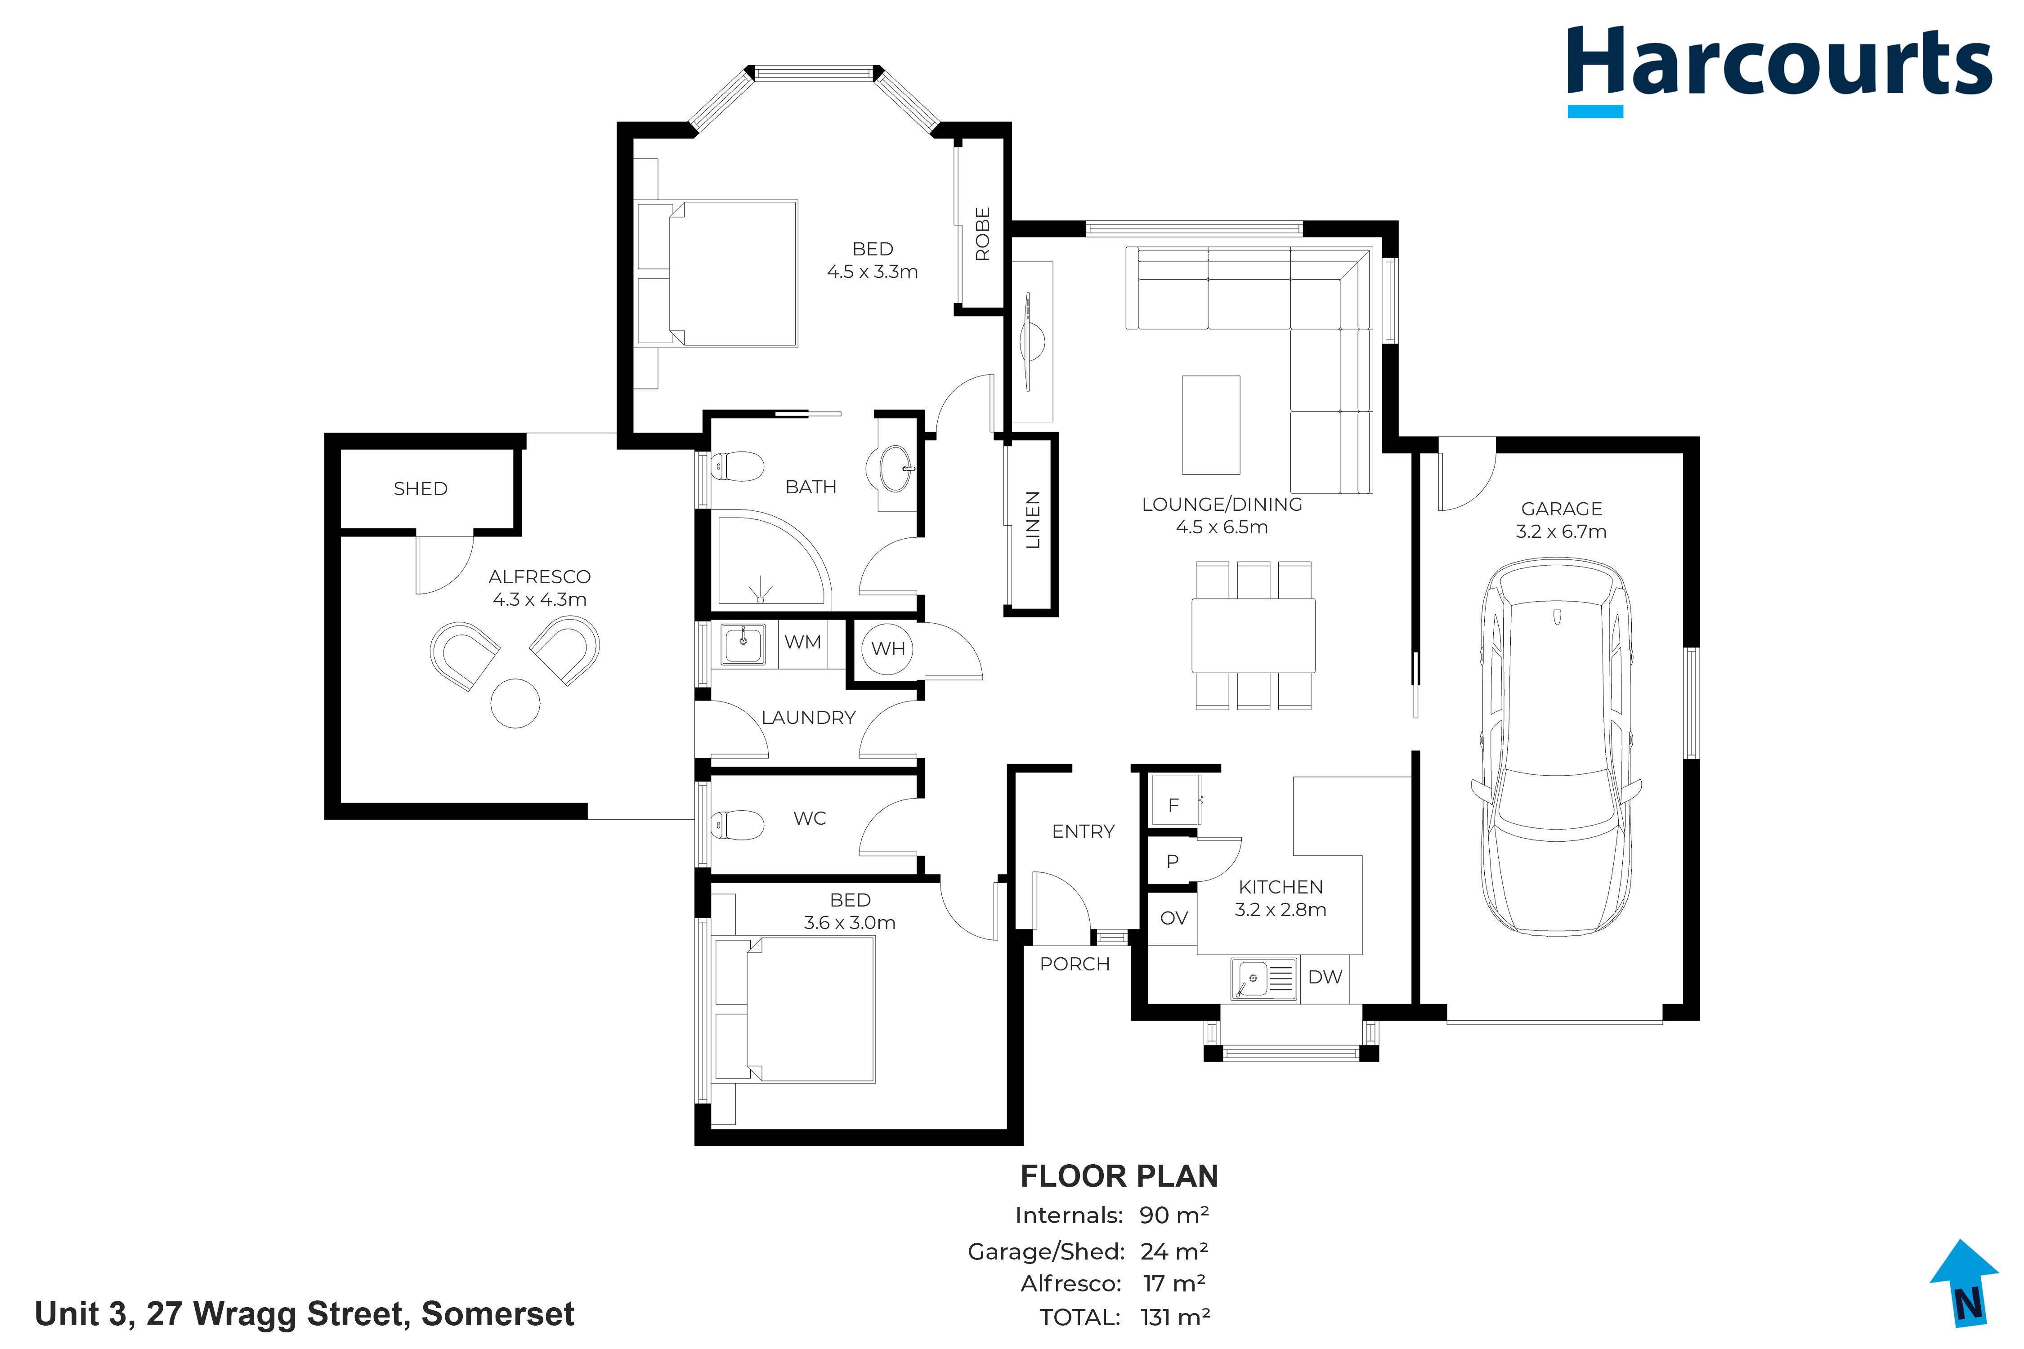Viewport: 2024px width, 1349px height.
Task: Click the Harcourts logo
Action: tap(1778, 71)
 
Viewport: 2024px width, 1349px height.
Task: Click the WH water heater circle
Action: tap(888, 649)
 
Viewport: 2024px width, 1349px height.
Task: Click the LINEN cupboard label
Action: tap(1033, 520)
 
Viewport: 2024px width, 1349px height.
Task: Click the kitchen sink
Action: tap(1263, 979)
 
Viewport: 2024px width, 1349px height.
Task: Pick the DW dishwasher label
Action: tap(1325, 977)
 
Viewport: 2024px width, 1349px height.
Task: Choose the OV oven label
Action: tap(1174, 918)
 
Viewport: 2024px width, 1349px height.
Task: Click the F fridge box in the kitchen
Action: tap(1175, 800)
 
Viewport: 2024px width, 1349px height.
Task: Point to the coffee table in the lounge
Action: tap(1211, 425)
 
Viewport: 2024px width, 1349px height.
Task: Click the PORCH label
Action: tap(1075, 964)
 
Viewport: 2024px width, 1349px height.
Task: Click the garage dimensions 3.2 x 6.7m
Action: tap(1561, 532)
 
